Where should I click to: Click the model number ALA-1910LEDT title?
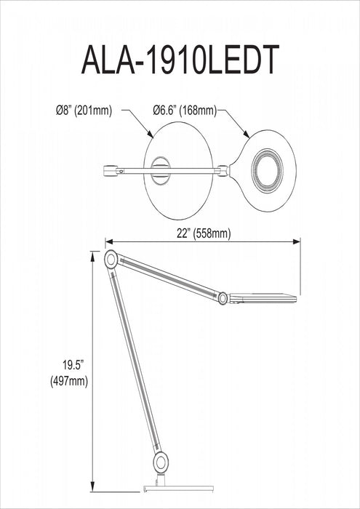coord(180,62)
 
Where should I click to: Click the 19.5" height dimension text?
coord(73,364)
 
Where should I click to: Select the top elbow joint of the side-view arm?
coord(111,259)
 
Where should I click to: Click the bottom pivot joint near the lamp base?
coord(160,460)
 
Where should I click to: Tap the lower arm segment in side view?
coord(136,360)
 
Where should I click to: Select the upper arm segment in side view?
coord(167,278)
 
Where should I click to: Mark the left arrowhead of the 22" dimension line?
coord(108,241)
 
